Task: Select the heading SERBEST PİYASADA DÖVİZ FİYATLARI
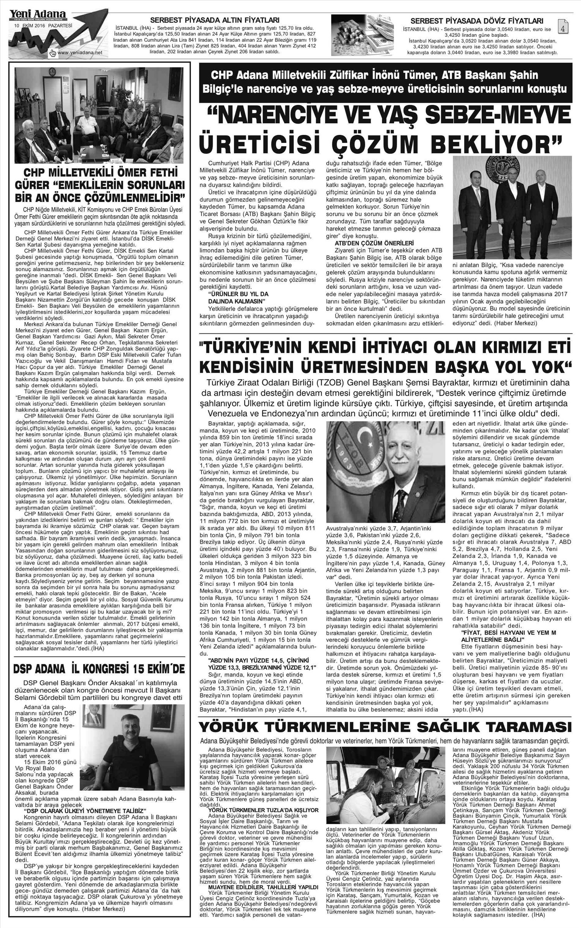(477, 21)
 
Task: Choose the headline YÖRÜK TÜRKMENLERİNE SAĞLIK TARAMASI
(384, 725)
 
